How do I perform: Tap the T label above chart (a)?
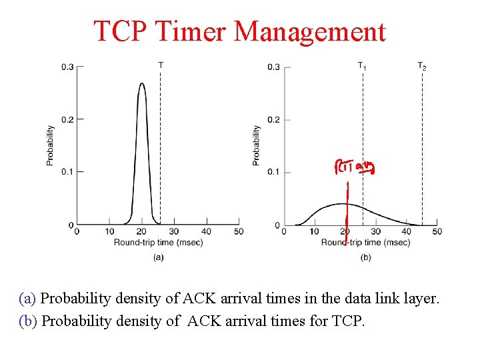click(161, 65)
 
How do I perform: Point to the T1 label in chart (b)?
click(362, 65)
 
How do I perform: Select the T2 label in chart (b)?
click(422, 65)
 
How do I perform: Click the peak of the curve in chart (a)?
click(141, 84)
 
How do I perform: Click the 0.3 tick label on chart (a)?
click(67, 67)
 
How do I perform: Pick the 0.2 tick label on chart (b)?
click(273, 120)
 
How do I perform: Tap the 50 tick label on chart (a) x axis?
click(239, 231)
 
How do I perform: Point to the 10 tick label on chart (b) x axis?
click(315, 231)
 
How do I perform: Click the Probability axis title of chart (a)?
click(50, 145)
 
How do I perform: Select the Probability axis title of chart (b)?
click(257, 145)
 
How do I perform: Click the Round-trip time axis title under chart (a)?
click(158, 242)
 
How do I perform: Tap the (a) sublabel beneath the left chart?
click(158, 257)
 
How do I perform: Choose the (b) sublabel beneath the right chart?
click(365, 257)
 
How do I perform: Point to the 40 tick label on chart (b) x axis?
click(406, 231)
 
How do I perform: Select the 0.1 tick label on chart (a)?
click(67, 172)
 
